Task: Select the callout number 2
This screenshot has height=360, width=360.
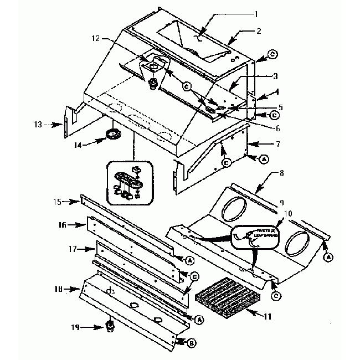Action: [x=258, y=32]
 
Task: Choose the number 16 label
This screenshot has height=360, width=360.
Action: [x=63, y=225]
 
